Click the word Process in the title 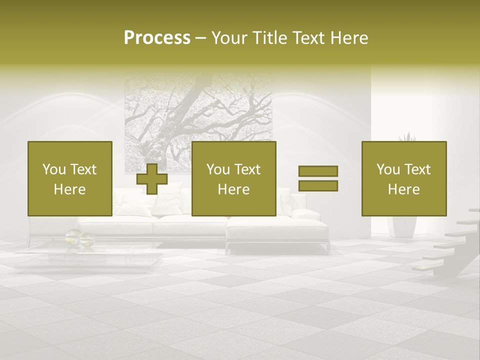[157, 37]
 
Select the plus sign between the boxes [152, 178]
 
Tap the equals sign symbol [318, 178]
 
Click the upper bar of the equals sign [318, 171]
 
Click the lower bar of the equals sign [318, 185]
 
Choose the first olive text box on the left [69, 178]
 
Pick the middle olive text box [233, 178]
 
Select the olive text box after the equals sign [403, 178]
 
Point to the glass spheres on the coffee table [80, 237]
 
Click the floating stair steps [445, 245]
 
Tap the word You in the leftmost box [54, 169]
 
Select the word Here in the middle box [233, 189]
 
